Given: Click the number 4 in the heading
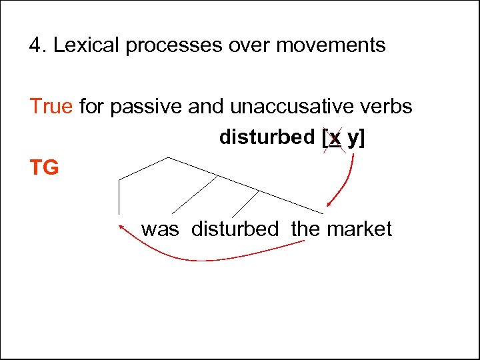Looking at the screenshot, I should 35,45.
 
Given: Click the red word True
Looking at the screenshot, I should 51,106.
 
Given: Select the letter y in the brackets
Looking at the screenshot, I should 353,139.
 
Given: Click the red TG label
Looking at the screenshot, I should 44,167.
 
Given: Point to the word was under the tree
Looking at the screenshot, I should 160,229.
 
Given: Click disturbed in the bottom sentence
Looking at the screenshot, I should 235,229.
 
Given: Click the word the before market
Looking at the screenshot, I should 305,229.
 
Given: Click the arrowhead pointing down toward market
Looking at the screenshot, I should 329,204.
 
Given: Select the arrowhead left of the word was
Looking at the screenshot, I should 122,228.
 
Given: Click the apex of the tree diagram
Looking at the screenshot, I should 167,157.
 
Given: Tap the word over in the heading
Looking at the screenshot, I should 245,45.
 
